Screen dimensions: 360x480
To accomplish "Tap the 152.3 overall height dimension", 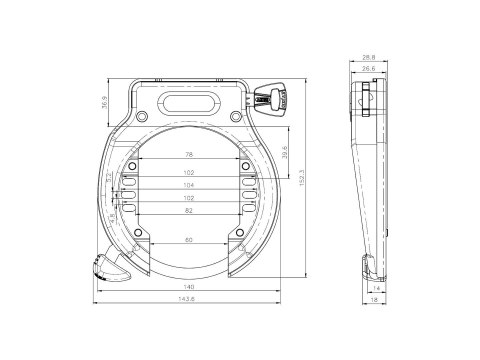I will click(301, 179).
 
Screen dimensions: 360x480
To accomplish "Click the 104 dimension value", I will click(190, 185).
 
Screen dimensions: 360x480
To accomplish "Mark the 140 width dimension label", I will click(190, 286).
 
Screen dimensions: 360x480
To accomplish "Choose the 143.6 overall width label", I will click(190, 300).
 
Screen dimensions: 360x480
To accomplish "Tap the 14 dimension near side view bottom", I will click(375, 286).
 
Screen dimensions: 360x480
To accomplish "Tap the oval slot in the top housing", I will click(190, 102).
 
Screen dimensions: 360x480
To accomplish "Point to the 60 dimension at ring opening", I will click(190, 241).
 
